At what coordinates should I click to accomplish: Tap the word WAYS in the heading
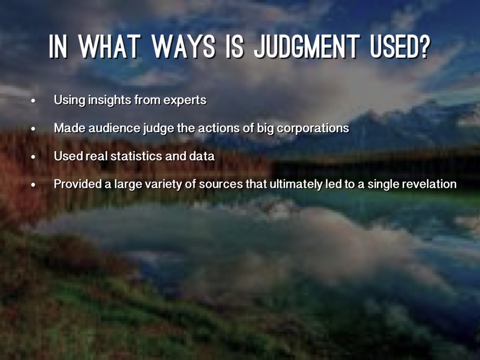[x=184, y=46]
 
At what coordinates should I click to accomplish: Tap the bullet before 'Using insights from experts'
[x=33, y=101]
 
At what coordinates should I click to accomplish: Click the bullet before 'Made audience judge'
[x=33, y=129]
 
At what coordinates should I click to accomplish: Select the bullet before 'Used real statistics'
[x=33, y=157]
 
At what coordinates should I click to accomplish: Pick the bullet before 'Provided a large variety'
[x=33, y=185]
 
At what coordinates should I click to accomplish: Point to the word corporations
[x=313, y=128]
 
